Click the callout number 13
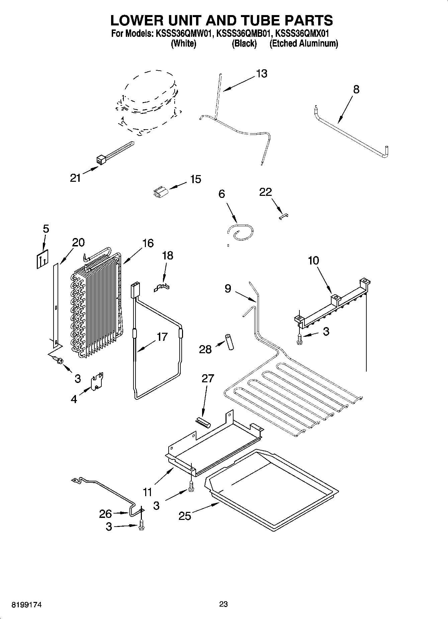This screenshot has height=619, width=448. click(262, 74)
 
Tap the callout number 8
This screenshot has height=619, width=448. click(356, 89)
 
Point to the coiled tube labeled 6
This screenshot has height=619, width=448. click(240, 232)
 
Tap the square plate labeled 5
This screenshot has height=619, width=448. click(42, 259)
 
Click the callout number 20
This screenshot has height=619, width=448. click(78, 242)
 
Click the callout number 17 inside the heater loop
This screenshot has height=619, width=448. click(162, 337)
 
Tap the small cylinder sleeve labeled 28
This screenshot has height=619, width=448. click(230, 341)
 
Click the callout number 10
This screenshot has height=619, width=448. click(313, 260)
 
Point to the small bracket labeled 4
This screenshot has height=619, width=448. click(97, 381)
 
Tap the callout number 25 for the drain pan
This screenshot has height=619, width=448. click(184, 516)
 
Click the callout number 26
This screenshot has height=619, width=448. click(105, 514)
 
